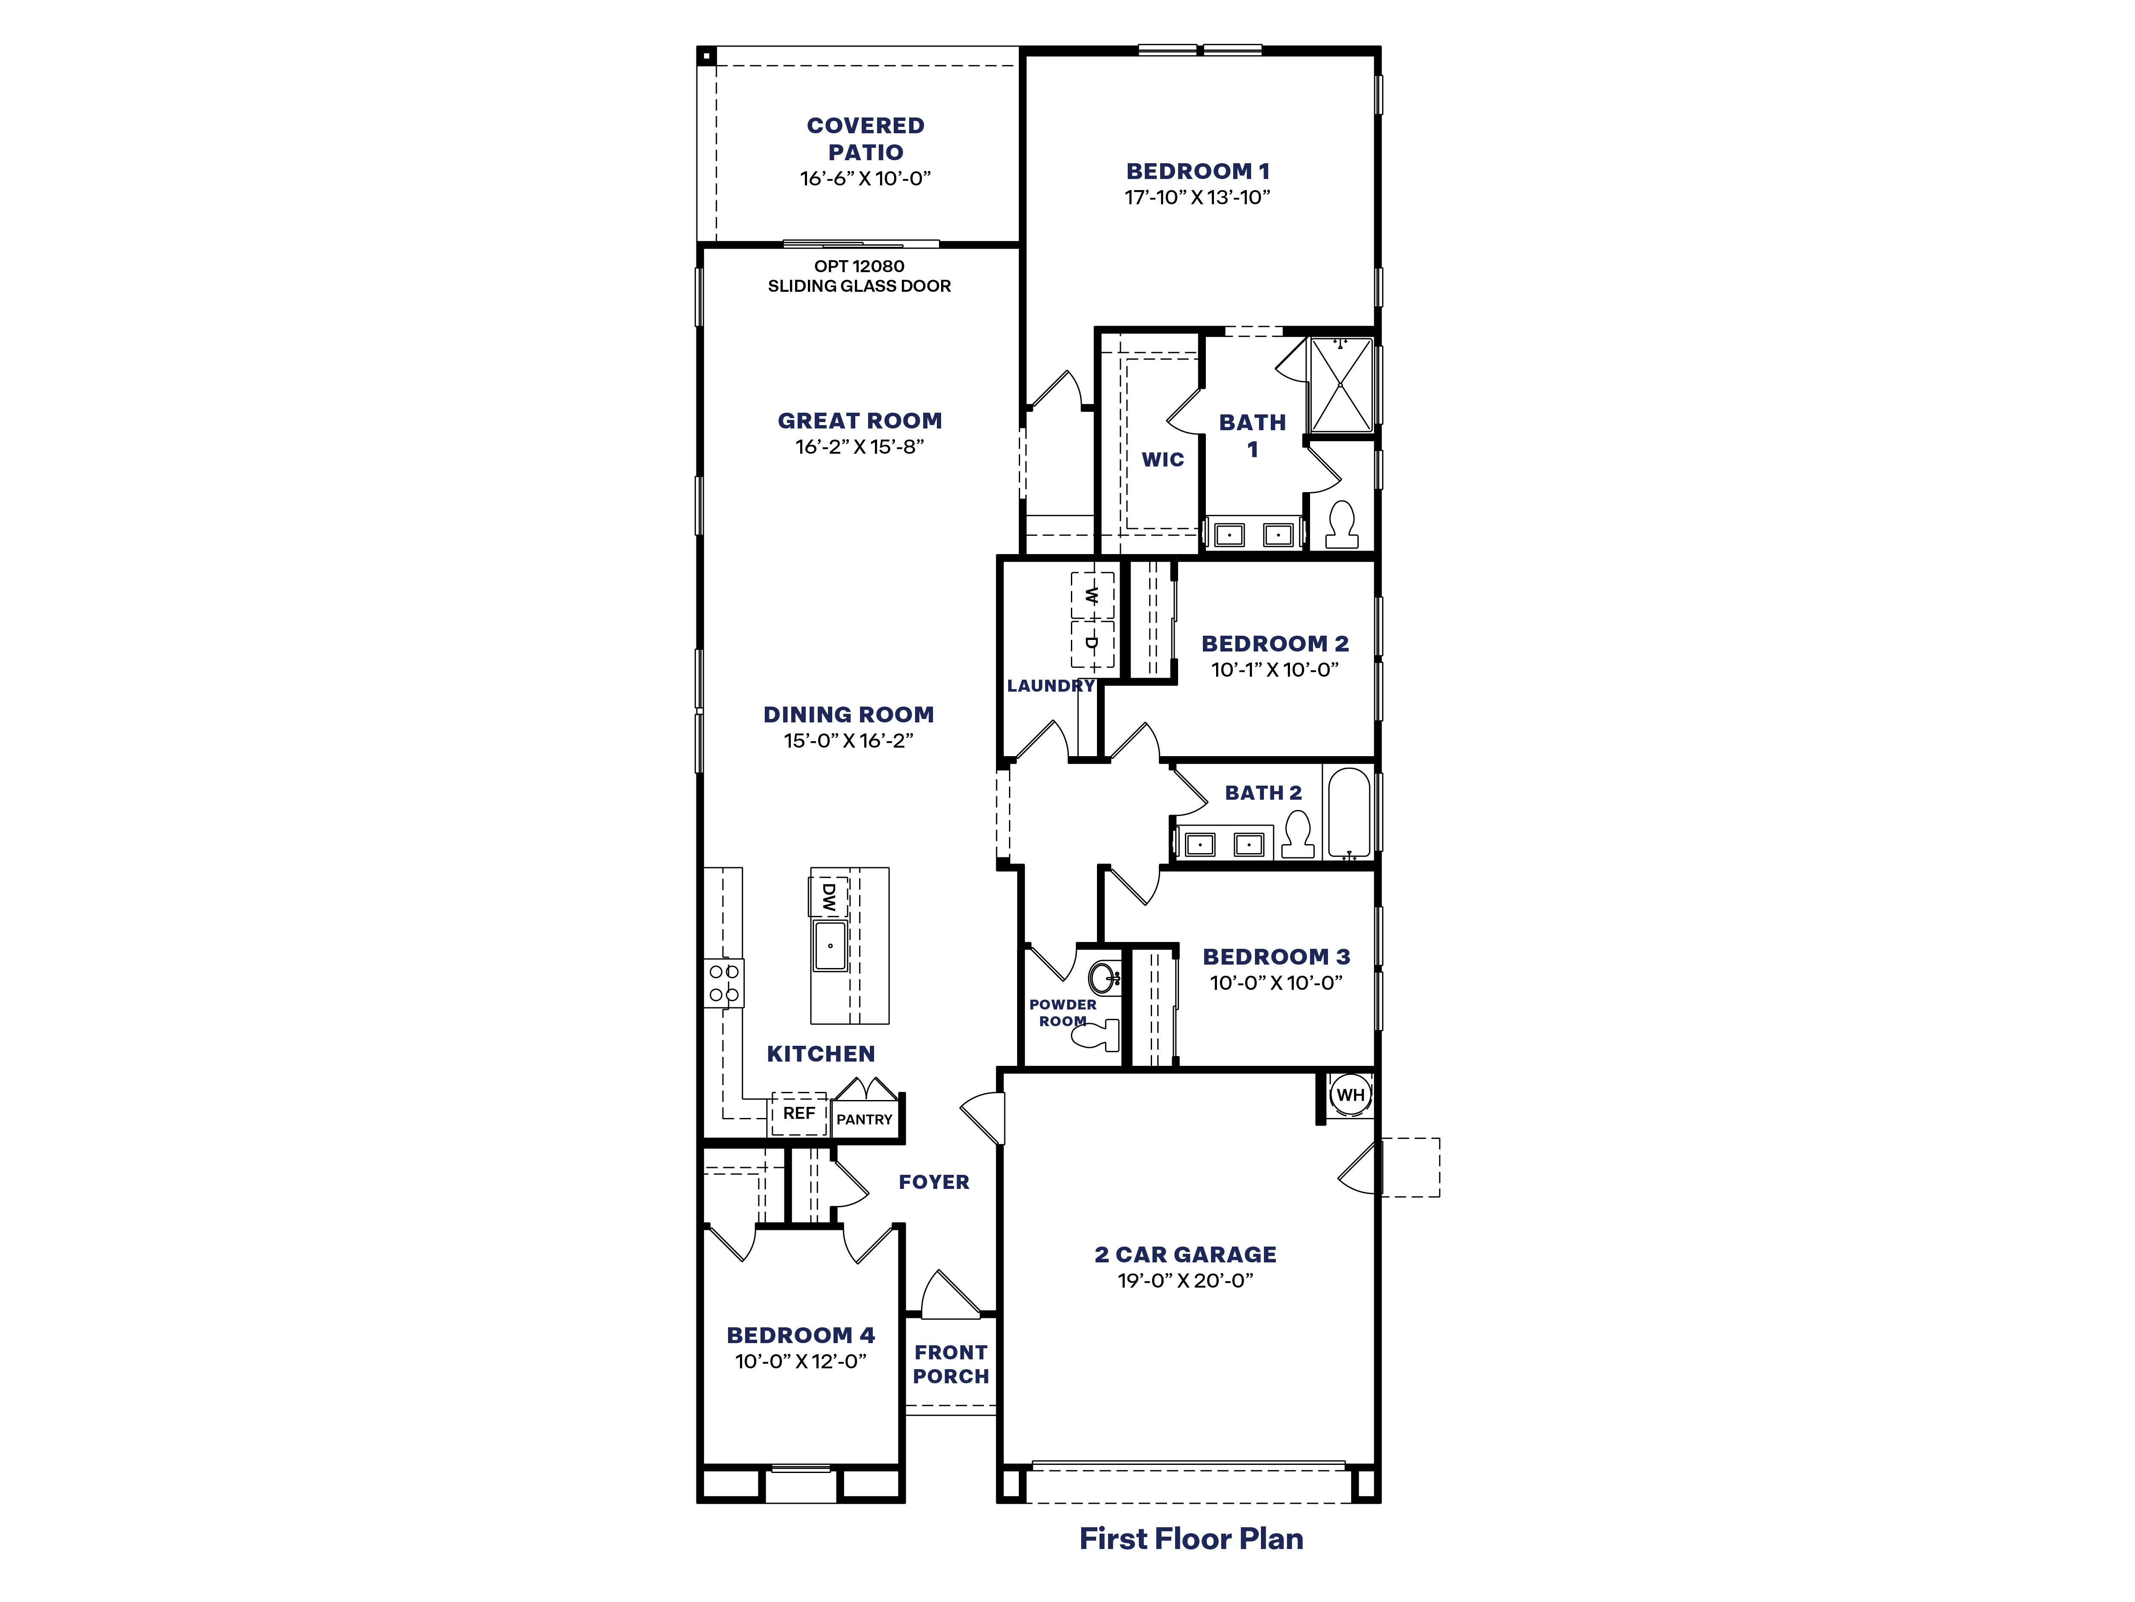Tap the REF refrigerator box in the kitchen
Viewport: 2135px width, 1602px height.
point(798,1113)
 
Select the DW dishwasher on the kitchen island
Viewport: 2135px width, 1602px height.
point(828,897)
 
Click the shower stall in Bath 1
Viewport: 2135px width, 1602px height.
point(1339,384)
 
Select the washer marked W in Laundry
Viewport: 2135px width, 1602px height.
point(1092,596)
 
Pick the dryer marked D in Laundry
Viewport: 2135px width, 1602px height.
point(1092,643)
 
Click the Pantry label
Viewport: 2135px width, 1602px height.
point(864,1119)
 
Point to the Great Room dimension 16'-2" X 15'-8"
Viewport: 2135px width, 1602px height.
point(859,446)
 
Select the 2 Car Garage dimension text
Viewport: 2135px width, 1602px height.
point(1185,1280)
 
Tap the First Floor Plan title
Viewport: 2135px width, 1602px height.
point(1191,1538)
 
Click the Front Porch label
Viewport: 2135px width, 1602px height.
point(951,1364)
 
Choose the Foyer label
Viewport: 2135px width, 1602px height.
point(933,1182)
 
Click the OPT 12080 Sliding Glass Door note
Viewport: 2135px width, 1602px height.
point(859,276)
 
